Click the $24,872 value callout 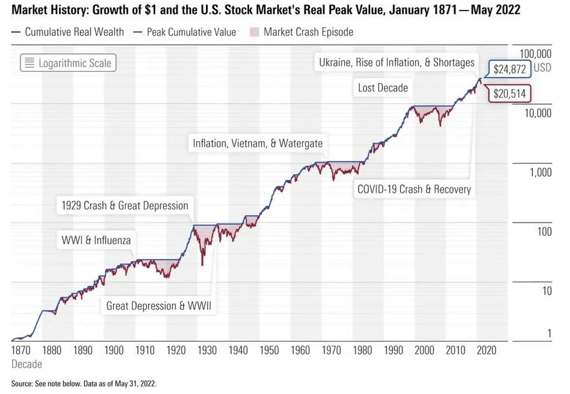509,69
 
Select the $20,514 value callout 509,94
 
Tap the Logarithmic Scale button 68,63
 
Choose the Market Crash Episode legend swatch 254,32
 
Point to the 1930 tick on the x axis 207,350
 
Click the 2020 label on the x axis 486,350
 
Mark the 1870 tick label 21,350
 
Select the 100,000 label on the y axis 535,54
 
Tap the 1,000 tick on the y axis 541,172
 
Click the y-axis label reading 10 547,291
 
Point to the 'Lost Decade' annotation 383,88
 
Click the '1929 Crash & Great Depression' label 125,206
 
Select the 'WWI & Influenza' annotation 96,240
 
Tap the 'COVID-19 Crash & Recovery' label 414,190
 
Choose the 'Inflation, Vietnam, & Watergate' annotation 258,144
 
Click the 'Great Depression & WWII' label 159,306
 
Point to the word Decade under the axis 27,364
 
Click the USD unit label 542,67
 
